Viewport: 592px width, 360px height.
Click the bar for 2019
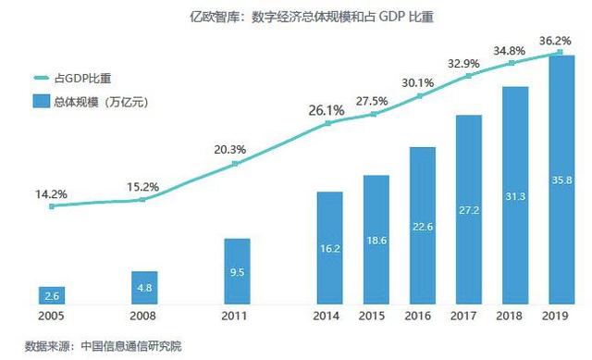(561, 180)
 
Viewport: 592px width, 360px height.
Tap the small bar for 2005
(51, 295)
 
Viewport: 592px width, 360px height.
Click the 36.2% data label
(556, 42)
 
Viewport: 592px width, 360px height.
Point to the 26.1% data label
(327, 111)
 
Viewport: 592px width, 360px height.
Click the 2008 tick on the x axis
(143, 317)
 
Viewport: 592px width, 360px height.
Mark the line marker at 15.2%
(142, 199)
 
